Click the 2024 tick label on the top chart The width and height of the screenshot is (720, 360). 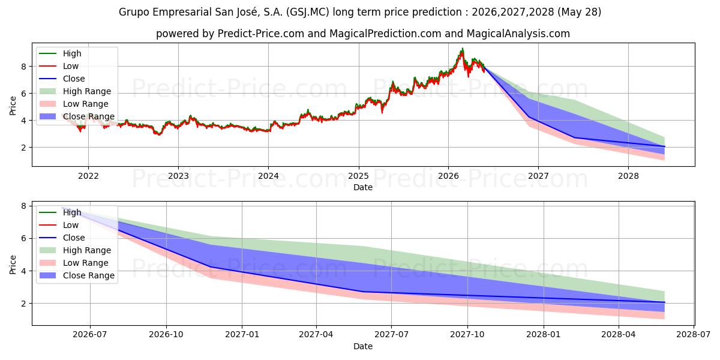tap(268, 176)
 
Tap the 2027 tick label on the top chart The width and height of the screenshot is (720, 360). tap(538, 176)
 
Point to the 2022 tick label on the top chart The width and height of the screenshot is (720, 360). tap(88, 176)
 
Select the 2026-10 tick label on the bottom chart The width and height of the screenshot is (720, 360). tap(166, 335)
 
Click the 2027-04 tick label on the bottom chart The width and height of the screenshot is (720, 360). tap(316, 335)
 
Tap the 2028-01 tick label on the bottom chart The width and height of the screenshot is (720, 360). tap(544, 335)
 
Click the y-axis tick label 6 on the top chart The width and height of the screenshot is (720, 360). tap(24, 94)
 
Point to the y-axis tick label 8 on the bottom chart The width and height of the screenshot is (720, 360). tap(24, 206)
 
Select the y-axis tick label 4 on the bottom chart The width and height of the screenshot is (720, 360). tap(24, 271)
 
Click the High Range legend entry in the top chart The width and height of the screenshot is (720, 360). tap(75, 91)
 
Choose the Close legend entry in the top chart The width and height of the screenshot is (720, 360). tap(62, 79)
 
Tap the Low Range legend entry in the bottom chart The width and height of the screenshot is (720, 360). tap(74, 263)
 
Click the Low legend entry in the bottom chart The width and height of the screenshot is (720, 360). tap(59, 225)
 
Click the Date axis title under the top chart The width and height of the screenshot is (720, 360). tap(363, 187)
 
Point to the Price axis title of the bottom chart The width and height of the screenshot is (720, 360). tap(13, 265)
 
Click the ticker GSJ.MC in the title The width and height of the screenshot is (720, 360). tap(307, 12)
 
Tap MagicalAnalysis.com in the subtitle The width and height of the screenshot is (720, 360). tap(518, 34)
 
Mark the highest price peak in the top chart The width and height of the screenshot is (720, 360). tap(463, 49)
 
